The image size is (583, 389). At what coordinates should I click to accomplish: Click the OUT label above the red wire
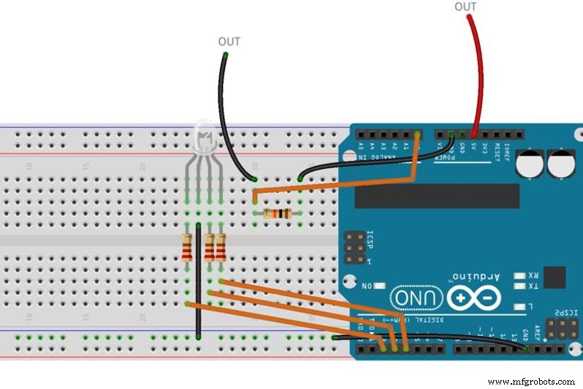point(465,7)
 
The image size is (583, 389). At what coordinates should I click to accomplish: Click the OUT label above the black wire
point(229,42)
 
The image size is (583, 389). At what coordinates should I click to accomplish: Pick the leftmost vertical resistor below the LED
point(188,247)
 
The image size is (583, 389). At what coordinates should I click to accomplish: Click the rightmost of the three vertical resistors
point(220,247)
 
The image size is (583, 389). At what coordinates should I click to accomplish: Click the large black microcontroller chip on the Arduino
point(437,196)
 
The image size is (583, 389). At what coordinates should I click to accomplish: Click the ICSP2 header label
point(567,312)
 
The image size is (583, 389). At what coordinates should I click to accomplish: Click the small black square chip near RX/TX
point(555,277)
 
